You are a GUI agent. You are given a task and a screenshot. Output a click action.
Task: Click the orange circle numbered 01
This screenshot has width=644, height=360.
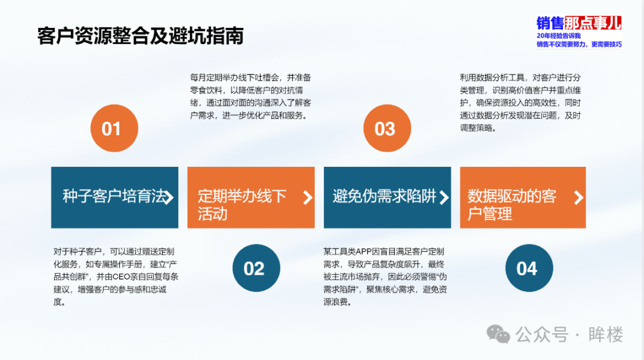pyautogui.click(x=114, y=128)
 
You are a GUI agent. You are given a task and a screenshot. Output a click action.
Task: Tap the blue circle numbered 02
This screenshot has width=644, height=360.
pyautogui.click(x=256, y=268)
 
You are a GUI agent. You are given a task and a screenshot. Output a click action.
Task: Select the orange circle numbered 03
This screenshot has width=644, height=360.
pyautogui.click(x=387, y=128)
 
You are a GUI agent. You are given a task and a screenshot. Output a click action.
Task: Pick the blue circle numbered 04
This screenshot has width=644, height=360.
pyautogui.click(x=529, y=268)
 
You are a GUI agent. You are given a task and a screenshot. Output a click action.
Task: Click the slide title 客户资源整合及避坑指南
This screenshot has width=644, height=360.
pyautogui.click(x=141, y=36)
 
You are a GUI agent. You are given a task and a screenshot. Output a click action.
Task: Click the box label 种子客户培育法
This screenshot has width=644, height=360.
pyautogui.click(x=114, y=196)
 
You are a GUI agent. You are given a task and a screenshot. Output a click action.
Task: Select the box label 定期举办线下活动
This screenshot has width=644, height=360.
pyautogui.click(x=242, y=205)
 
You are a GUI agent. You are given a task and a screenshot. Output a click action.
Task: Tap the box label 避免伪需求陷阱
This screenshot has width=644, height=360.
pyautogui.click(x=385, y=196)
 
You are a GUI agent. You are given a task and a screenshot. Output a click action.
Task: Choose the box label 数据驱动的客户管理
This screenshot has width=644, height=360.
pyautogui.click(x=512, y=205)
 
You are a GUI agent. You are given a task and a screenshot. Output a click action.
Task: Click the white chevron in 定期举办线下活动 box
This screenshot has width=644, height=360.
pyautogui.click(x=308, y=197)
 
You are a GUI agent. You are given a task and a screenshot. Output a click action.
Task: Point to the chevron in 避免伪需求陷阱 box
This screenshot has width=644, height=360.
pyautogui.click(x=444, y=197)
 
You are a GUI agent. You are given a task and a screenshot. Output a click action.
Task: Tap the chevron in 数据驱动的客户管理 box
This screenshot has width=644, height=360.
pyautogui.click(x=578, y=197)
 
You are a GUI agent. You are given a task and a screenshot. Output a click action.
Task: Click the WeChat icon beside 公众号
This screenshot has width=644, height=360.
pyautogui.click(x=498, y=334)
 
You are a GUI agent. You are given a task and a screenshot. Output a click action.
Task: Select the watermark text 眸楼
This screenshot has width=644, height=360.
pyautogui.click(x=605, y=334)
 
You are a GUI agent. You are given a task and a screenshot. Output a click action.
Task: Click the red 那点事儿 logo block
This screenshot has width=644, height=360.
pyautogui.click(x=593, y=23)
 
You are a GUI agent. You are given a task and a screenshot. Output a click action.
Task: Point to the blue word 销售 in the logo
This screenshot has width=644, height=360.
pyautogui.click(x=550, y=23)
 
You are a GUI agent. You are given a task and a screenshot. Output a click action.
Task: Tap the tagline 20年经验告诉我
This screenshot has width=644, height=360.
pyautogui.click(x=559, y=36)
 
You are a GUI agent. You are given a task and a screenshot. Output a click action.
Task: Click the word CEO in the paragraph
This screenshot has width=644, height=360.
pyautogui.click(x=121, y=277)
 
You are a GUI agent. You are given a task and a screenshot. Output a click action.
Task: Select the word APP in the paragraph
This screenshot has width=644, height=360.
pyautogui.click(x=364, y=252)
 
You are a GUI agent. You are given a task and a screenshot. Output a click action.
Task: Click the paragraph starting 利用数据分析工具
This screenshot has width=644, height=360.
pyautogui.click(x=521, y=103)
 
